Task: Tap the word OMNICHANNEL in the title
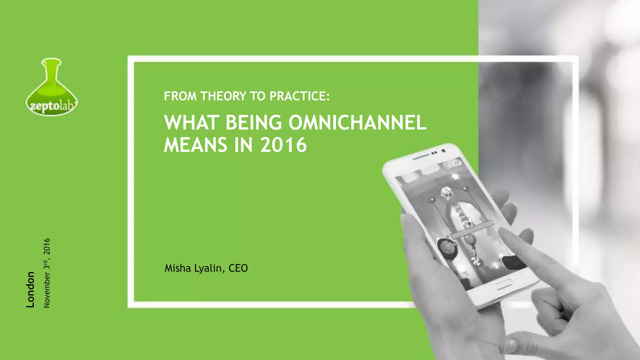point(357,122)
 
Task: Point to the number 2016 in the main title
point(283,145)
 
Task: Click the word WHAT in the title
point(191,122)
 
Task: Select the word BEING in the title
point(253,122)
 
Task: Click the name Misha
point(178,268)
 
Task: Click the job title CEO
point(238,268)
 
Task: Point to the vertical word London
point(30,289)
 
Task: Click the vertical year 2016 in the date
point(47,246)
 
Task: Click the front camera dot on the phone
point(443,151)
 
